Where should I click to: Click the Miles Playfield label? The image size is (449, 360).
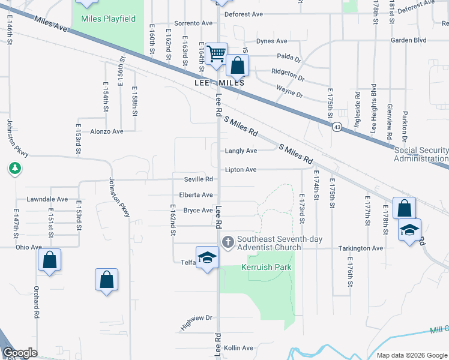point(108,19)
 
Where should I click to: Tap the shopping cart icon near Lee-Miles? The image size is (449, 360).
point(215,53)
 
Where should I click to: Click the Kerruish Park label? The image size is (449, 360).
point(266,266)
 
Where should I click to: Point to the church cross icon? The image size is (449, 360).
point(228,242)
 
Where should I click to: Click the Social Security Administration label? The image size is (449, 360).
point(421,154)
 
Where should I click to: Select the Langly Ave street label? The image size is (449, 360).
point(241,151)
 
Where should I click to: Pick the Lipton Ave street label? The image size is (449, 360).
point(241,170)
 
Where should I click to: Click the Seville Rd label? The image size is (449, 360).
point(199,179)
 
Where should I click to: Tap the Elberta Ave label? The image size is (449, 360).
point(196,195)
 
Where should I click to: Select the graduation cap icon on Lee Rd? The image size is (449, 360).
point(207,257)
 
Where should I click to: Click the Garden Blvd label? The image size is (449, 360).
point(408,40)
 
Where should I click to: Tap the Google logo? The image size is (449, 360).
point(20,353)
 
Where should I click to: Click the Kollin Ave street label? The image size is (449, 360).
point(238,348)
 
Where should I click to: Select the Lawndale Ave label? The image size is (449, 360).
point(47,199)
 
